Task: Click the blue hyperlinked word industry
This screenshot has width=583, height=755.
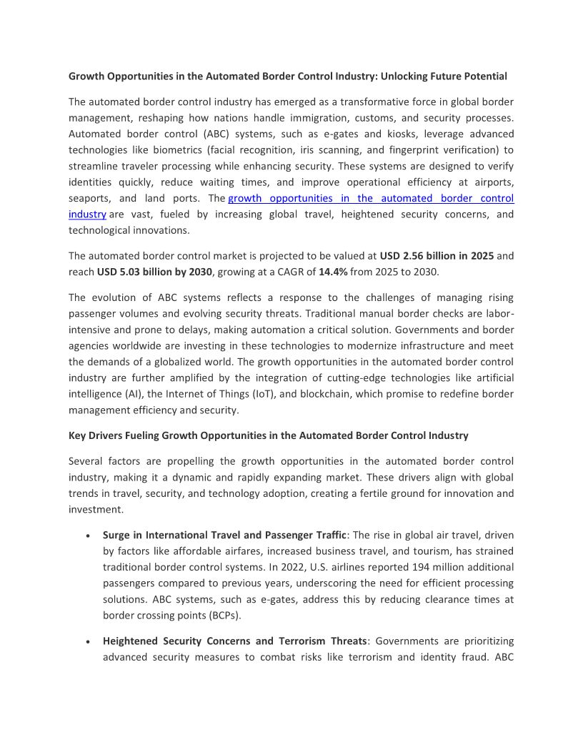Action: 87,214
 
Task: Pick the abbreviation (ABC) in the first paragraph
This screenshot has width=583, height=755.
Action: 207,134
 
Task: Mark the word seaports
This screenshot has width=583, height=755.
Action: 88,198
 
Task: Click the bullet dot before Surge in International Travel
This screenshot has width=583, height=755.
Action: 87,536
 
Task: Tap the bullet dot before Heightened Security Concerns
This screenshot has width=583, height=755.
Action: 87,641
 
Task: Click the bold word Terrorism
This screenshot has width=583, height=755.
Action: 309,641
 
